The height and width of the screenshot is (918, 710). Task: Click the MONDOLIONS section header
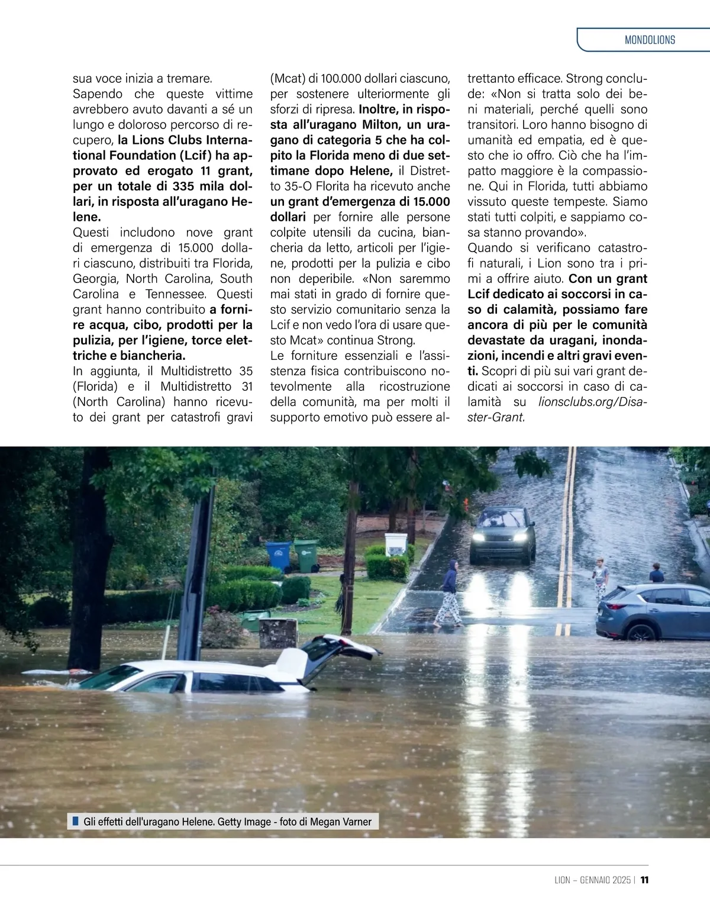(649, 40)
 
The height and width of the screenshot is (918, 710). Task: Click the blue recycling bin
(279, 557)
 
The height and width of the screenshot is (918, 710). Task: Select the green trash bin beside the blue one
(305, 555)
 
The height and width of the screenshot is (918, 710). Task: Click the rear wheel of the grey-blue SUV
(640, 632)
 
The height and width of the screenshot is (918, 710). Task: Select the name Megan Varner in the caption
(341, 822)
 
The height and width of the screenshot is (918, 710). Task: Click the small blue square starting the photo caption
(75, 821)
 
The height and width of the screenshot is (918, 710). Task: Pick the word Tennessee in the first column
(176, 294)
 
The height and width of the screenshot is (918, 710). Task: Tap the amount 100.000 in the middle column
(341, 79)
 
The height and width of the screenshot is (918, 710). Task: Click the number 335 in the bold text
(183, 186)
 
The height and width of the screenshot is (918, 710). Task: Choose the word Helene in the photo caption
(197, 822)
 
